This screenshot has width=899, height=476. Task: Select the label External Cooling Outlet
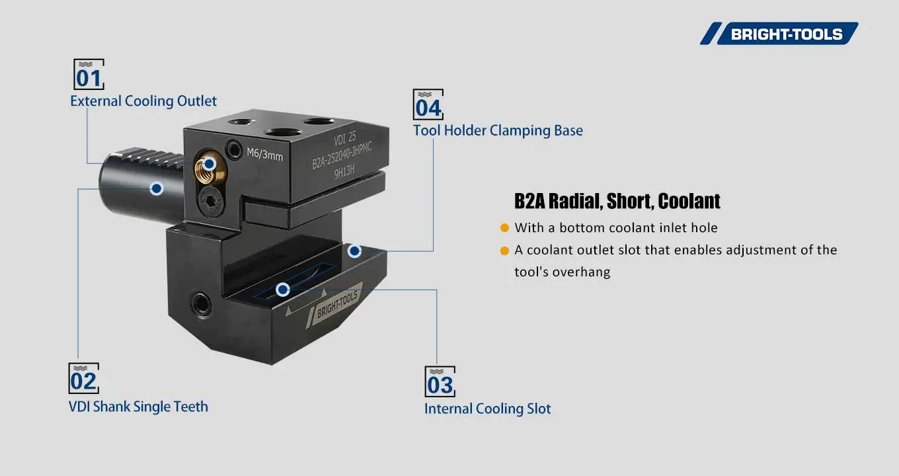point(143,101)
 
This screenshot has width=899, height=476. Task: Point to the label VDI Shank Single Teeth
point(138,407)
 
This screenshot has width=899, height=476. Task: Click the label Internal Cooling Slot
point(487,409)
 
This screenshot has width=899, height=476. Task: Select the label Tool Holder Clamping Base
point(498,130)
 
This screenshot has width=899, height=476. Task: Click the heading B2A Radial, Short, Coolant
point(617,201)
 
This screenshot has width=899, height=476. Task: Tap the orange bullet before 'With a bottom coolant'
point(504,228)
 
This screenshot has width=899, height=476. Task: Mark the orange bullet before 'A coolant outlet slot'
point(504,251)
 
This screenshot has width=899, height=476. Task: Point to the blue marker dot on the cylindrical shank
point(157,188)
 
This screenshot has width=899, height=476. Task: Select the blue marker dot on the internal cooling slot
point(283,290)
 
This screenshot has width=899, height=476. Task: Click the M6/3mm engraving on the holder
point(264,155)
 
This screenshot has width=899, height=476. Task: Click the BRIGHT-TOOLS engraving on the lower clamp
point(336,305)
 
